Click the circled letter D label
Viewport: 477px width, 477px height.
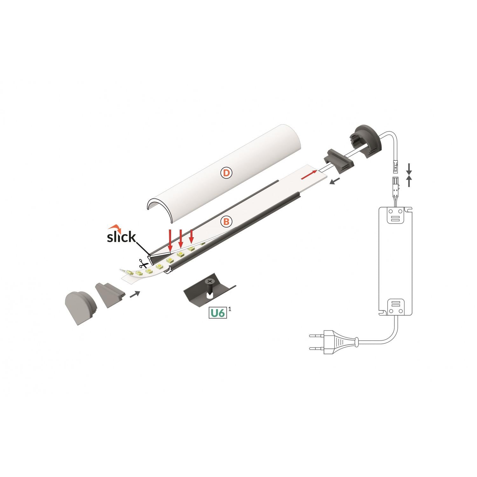click(x=226, y=173)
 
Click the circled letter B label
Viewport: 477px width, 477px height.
click(x=226, y=222)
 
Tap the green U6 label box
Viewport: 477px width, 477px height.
click(x=217, y=313)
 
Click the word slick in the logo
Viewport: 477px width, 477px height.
click(x=121, y=237)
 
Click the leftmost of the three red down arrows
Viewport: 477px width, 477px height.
click(x=170, y=240)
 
